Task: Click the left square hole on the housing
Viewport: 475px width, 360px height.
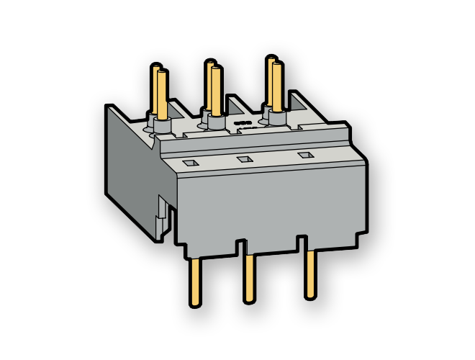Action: [x=189, y=163]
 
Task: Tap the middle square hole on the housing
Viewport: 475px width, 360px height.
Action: [x=245, y=159]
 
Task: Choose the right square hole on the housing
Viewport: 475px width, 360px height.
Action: [x=302, y=155]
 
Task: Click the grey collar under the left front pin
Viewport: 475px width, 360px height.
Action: [x=162, y=126]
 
